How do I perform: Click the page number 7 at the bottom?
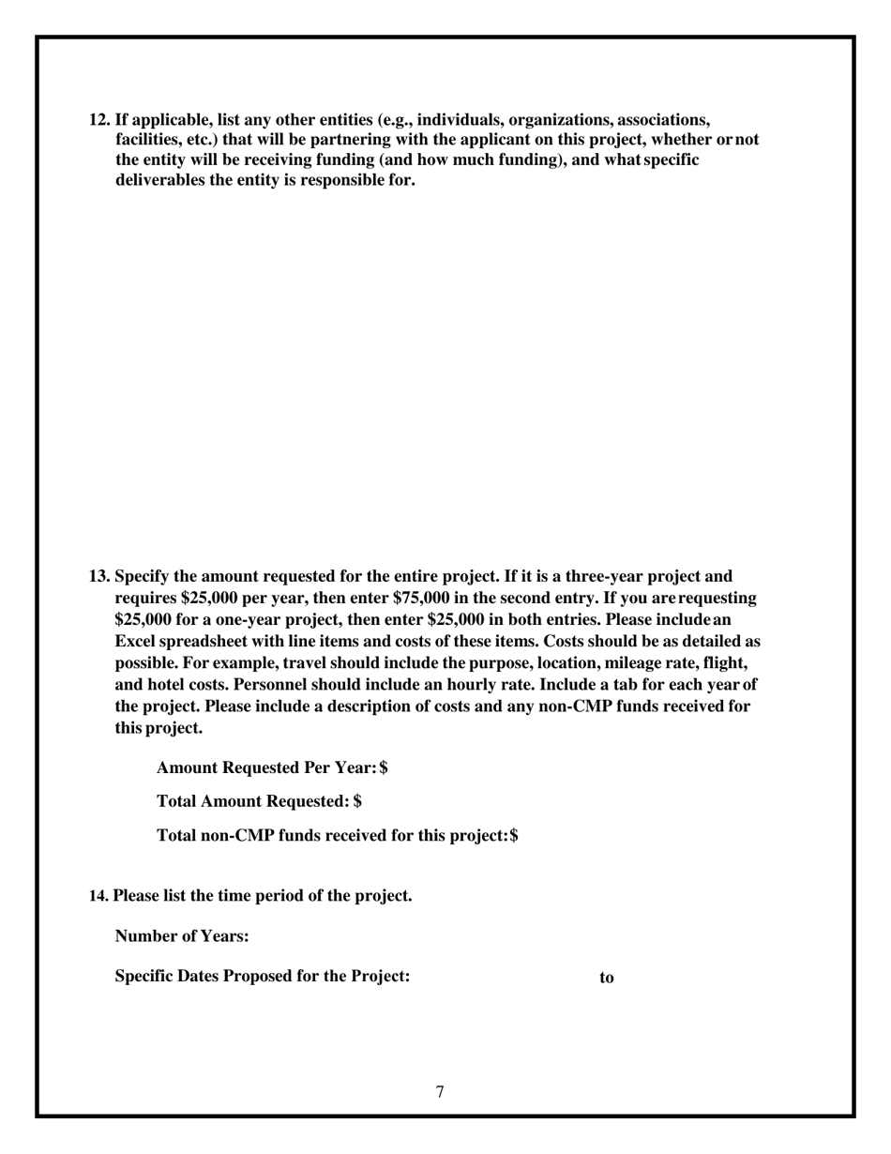click(x=440, y=1091)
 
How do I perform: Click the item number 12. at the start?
click(x=99, y=120)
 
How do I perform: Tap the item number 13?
click(x=99, y=576)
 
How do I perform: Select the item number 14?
click(x=98, y=896)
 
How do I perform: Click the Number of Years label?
click(x=182, y=936)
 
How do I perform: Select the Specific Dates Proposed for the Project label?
click(x=263, y=977)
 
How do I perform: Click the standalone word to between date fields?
click(x=607, y=978)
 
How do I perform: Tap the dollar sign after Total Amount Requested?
click(x=358, y=801)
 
